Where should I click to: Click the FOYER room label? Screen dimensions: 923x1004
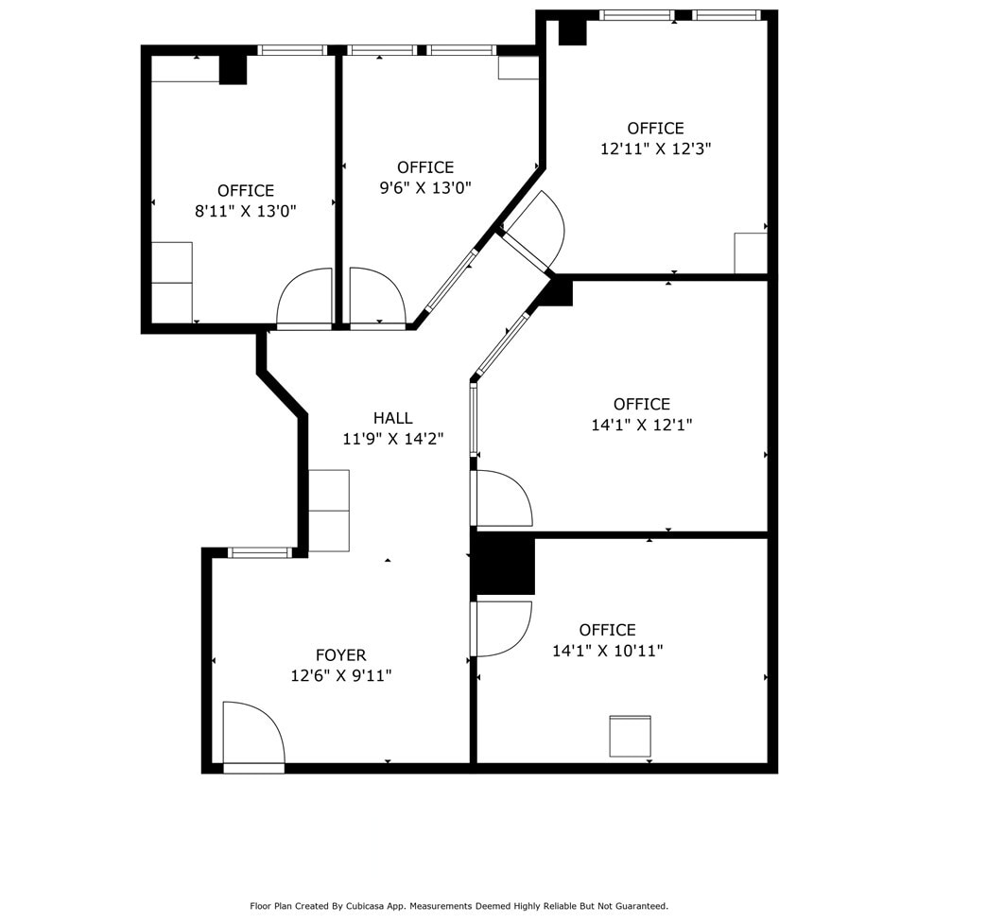tap(340, 654)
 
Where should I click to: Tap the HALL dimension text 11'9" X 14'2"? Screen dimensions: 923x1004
tap(392, 439)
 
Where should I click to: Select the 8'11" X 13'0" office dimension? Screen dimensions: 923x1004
tap(246, 212)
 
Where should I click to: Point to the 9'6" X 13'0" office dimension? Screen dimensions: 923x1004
tap(425, 188)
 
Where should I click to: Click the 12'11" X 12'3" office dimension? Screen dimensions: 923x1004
tap(655, 149)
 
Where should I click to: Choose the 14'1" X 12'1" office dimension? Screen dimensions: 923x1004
tap(641, 426)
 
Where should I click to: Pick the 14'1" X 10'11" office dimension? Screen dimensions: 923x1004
tap(607, 651)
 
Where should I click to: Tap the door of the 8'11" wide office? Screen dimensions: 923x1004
tap(304, 298)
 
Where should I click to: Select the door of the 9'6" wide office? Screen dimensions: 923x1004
tap(376, 297)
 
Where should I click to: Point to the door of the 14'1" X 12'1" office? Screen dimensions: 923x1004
tap(502, 498)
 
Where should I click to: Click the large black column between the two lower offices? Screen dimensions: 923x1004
tap(504, 565)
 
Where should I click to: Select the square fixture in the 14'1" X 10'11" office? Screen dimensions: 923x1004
tap(630, 736)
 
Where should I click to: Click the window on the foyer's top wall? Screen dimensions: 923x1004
tap(260, 552)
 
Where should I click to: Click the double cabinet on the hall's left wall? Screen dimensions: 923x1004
tap(329, 511)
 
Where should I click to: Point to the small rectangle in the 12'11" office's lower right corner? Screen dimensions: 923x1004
tap(750, 253)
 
